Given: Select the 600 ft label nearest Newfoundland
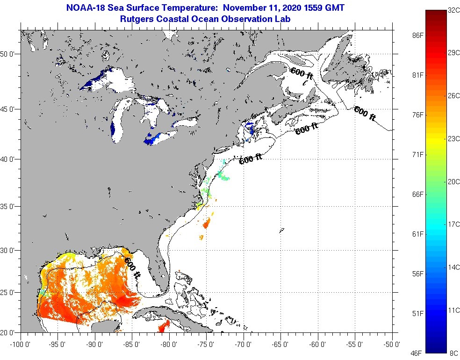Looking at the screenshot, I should [365, 114].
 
